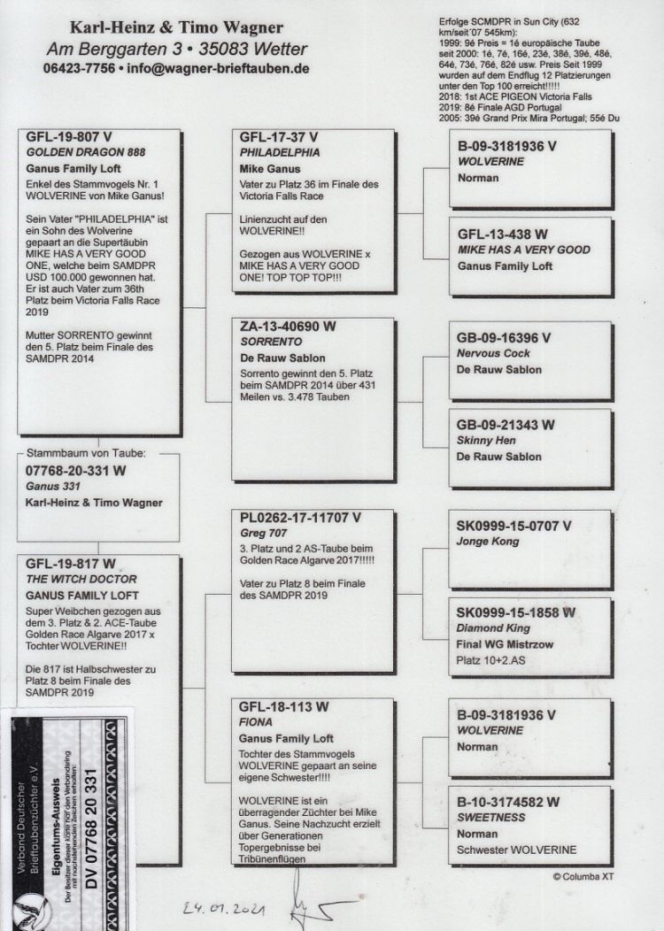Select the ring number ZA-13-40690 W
tap(288, 327)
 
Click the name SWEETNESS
tap(490, 819)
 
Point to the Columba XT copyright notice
tap(583, 876)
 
